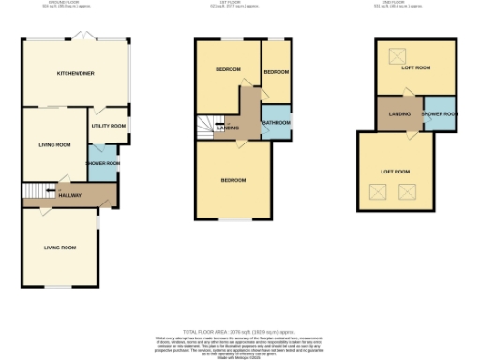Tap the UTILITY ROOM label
[108, 125]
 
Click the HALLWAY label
[70, 196]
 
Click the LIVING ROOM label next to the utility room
[54, 144]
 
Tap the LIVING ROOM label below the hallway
[59, 247]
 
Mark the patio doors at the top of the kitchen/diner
[85, 37]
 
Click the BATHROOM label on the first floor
[276, 123]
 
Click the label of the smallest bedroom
[276, 72]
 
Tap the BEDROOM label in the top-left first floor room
[227, 70]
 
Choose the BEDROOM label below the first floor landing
[233, 179]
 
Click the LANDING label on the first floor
[228, 128]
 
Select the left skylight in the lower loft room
[380, 193]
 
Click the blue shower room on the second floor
[439, 114]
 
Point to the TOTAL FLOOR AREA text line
[240, 332]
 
